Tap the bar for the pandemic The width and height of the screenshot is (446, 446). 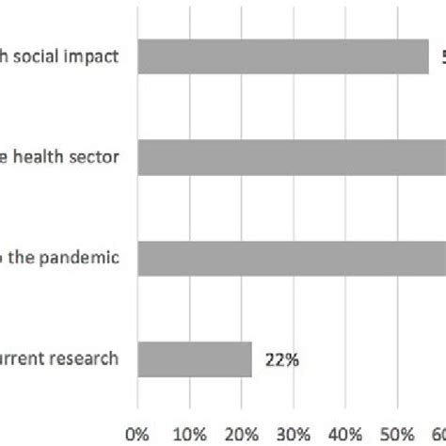coord(292,258)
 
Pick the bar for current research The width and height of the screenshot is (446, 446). coord(195,358)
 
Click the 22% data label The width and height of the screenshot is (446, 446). coord(280,358)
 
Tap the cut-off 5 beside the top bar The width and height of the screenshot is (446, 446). coord(440,56)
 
